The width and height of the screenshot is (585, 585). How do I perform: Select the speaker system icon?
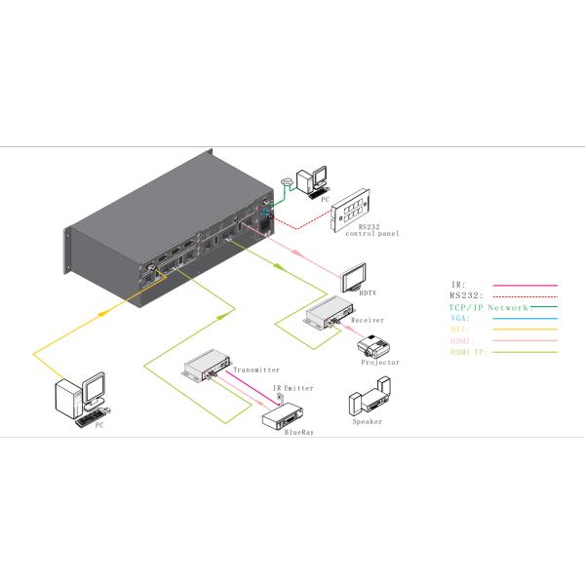366,404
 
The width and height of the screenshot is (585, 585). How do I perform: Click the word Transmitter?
256,370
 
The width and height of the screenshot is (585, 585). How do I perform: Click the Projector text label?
379,363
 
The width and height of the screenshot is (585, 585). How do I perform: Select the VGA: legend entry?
458,318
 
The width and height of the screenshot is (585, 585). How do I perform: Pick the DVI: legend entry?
458,329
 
